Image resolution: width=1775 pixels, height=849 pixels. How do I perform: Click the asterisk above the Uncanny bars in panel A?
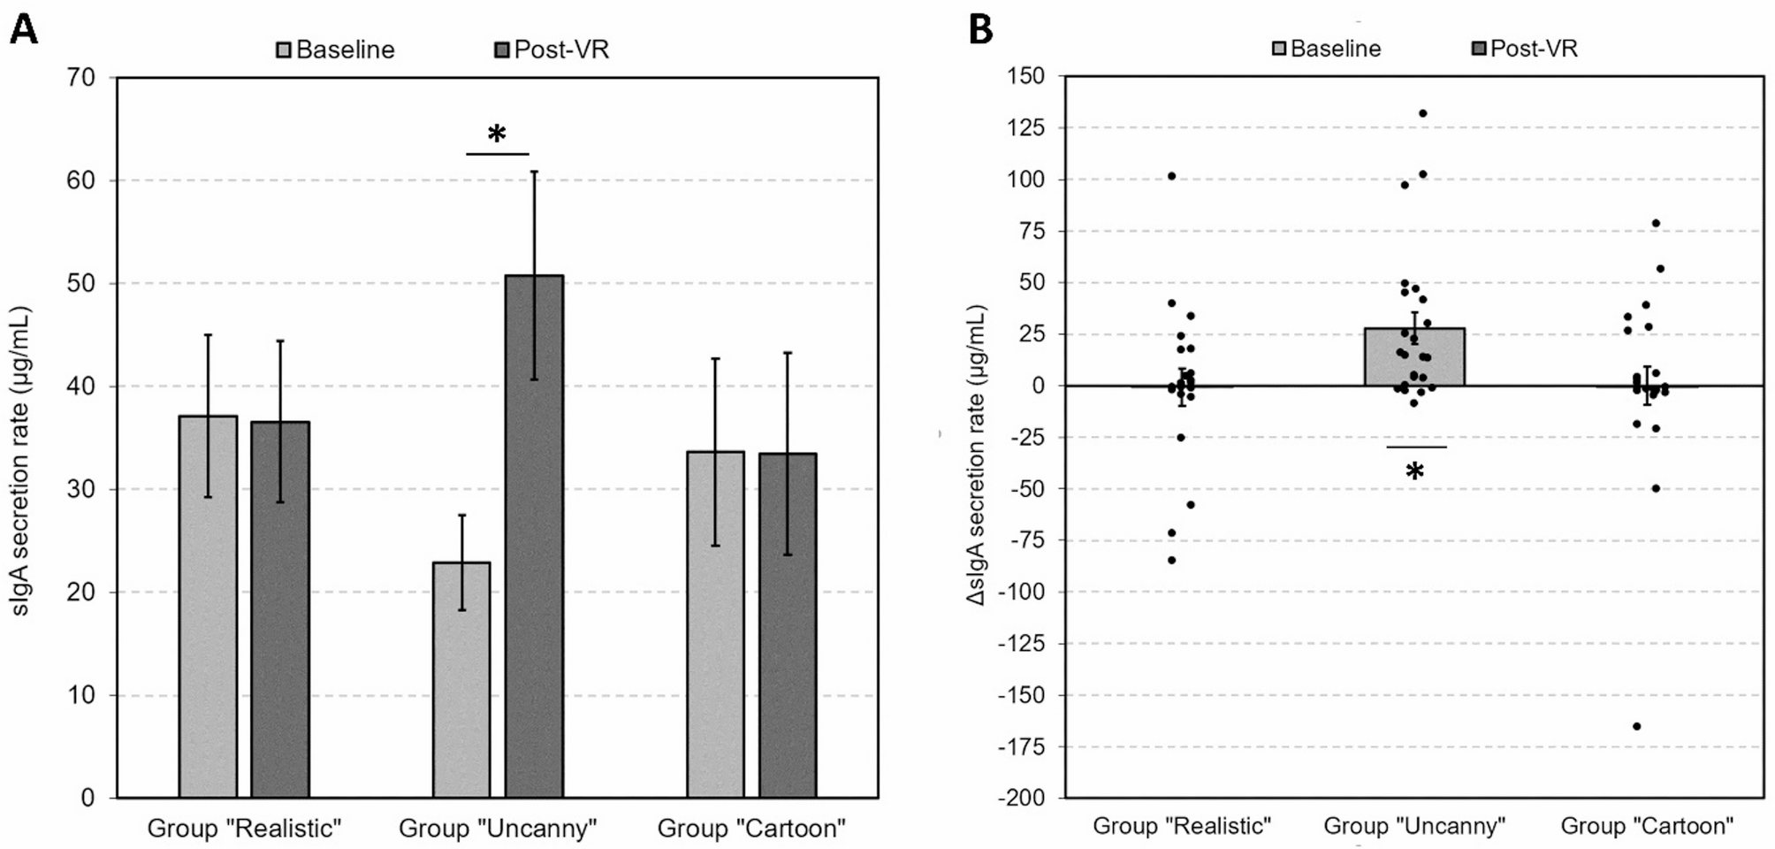point(497,134)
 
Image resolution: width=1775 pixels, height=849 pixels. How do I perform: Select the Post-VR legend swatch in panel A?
point(502,50)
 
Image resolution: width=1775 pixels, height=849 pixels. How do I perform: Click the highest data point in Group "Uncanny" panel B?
point(1422,113)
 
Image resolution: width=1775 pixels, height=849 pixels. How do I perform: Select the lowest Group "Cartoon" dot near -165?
point(1636,726)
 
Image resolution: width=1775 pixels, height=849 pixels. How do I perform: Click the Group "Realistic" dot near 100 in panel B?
point(1171,176)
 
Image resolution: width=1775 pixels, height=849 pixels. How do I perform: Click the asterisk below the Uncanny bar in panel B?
point(1414,471)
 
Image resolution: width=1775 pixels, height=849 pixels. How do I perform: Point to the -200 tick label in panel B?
point(1022,798)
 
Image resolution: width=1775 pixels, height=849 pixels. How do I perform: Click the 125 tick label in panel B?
point(1025,128)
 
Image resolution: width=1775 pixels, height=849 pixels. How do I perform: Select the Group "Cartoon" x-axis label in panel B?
point(1646,826)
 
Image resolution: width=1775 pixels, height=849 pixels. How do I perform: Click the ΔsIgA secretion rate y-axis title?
point(976,455)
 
